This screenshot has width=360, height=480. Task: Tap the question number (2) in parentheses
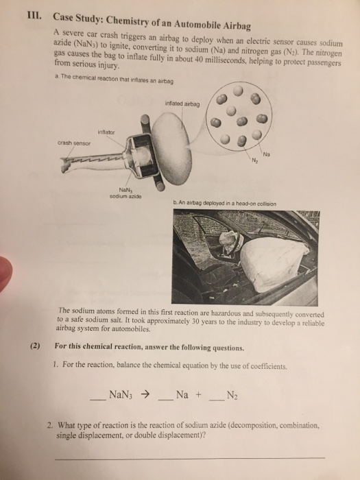(x=35, y=348)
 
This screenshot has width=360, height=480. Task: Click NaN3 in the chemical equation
(x=121, y=395)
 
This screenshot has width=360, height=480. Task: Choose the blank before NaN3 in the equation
(x=99, y=398)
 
